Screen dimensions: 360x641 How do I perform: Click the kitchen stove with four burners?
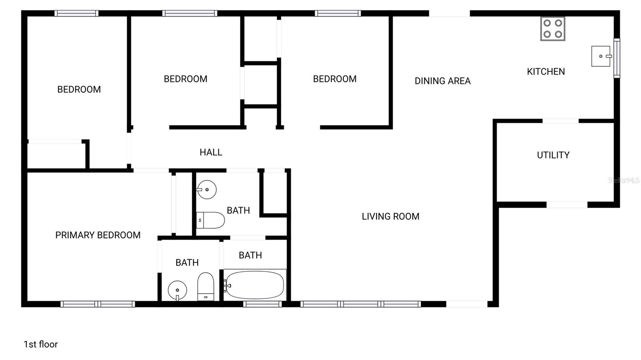pyautogui.click(x=552, y=29)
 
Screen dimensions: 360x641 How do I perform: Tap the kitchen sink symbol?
pyautogui.click(x=601, y=56)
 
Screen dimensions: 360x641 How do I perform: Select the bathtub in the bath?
pyautogui.click(x=254, y=285)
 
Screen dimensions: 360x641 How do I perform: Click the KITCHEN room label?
pyautogui.click(x=546, y=72)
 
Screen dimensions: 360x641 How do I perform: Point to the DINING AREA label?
pyautogui.click(x=442, y=81)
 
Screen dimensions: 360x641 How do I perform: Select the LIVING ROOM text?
pyautogui.click(x=390, y=217)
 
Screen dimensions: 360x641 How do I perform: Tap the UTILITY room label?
pyautogui.click(x=553, y=155)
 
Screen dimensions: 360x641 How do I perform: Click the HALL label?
pyautogui.click(x=211, y=152)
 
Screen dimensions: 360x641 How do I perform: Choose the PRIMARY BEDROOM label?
pyautogui.click(x=98, y=235)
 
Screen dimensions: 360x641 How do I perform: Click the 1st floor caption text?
pyautogui.click(x=40, y=344)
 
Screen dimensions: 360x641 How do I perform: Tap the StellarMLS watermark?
pyautogui.click(x=623, y=181)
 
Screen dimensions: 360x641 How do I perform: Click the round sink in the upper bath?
pyautogui.click(x=206, y=189)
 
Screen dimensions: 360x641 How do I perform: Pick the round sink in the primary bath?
pyautogui.click(x=177, y=290)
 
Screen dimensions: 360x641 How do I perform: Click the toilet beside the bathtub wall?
pyautogui.click(x=206, y=286)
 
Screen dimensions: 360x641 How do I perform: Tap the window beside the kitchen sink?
pyautogui.click(x=617, y=58)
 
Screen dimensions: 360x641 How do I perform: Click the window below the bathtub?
pyautogui.click(x=262, y=304)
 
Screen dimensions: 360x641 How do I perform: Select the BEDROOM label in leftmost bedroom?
pyautogui.click(x=79, y=89)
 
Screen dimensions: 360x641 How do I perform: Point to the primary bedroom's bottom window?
pyautogui.click(x=98, y=304)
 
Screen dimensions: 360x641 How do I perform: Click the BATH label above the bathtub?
pyautogui.click(x=250, y=255)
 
